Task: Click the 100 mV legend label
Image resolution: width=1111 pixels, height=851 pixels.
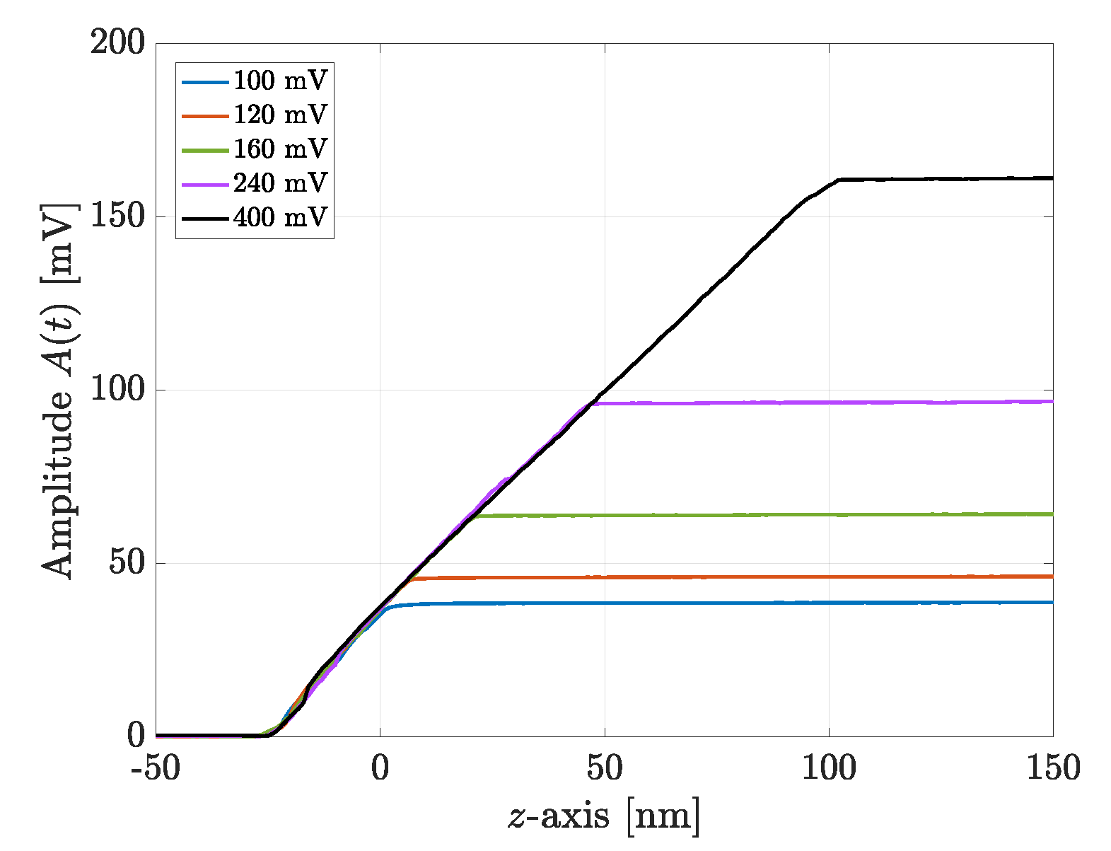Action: [280, 81]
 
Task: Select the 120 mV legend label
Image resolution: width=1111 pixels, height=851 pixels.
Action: [280, 115]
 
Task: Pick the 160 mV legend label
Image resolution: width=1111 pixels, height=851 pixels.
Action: [280, 149]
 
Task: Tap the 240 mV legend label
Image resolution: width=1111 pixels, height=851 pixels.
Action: [280, 183]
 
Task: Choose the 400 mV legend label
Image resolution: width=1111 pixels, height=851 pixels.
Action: [280, 216]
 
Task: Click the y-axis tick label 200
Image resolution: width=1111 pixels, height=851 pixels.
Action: [117, 42]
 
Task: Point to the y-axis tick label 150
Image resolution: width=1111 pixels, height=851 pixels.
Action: [117, 216]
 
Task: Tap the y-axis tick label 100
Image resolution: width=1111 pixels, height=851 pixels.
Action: [117, 389]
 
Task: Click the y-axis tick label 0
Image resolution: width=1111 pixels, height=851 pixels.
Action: [136, 736]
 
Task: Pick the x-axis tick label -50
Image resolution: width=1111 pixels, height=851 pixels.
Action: [156, 768]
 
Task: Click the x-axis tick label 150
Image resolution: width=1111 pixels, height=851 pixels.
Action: [1053, 768]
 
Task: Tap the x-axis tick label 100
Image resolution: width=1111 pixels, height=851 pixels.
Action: [829, 768]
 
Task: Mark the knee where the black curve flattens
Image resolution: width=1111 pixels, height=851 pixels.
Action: [839, 180]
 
